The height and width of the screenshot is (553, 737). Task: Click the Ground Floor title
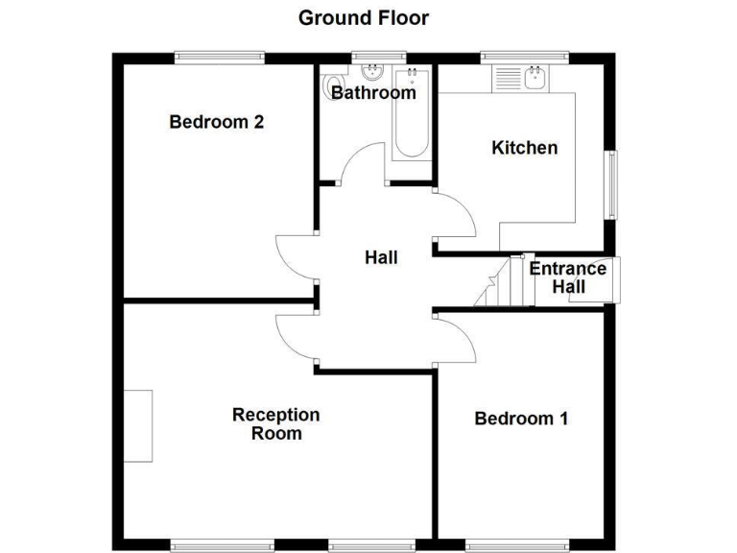pos(364,17)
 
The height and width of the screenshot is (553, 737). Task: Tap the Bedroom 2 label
pos(216,122)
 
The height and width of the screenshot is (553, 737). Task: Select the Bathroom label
pos(373,93)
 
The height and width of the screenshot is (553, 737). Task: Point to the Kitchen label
pos(524,148)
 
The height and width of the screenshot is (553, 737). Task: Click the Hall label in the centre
pos(381,257)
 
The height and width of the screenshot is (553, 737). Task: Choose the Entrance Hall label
pos(568,277)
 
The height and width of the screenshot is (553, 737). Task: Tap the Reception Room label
pos(276,423)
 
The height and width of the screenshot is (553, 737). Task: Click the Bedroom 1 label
pos(521,419)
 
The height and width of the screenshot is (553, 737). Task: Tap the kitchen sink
pos(534,76)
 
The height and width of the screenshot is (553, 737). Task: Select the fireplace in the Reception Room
pos(138,425)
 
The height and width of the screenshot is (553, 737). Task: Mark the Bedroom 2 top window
pos(219,58)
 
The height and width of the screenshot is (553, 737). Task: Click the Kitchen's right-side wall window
pos(611,183)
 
